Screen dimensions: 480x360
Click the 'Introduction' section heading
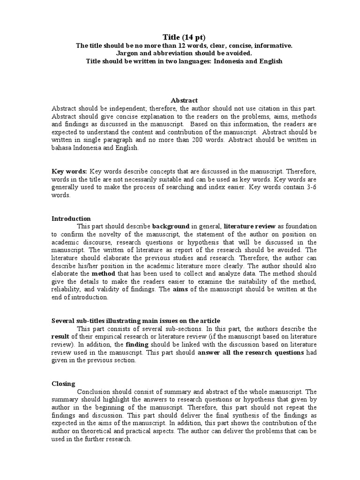point(71,218)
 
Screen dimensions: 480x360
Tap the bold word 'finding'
point(137,345)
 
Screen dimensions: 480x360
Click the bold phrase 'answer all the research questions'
point(251,352)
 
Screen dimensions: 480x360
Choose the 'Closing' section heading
point(63,383)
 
